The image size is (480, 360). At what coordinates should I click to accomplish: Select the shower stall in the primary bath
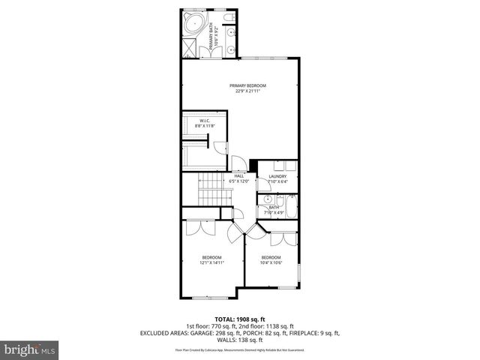coord(191,47)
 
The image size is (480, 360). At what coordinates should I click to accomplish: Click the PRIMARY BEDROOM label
coord(247,85)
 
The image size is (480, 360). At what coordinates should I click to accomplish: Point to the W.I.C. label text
coord(203,121)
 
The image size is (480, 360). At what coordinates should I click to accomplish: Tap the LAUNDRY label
coord(277,176)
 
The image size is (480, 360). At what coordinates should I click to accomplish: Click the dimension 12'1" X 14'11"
coord(211,262)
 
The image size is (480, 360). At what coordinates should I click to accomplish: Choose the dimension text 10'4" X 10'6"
coord(271,262)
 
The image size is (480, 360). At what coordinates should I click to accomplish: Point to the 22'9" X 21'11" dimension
coord(247,91)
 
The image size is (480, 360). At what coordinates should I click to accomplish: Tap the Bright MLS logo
coord(28,349)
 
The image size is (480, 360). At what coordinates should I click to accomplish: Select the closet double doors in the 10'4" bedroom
coord(281,239)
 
